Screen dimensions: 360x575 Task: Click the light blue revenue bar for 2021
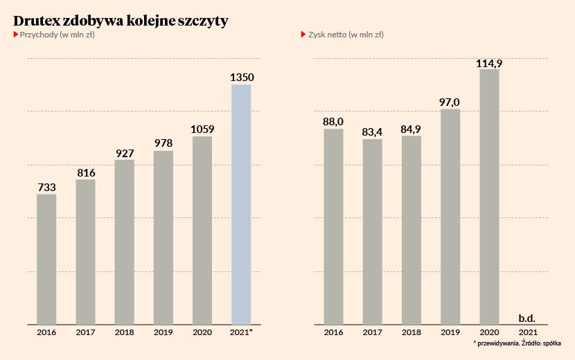(240, 204)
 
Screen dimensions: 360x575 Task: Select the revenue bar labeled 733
(46, 259)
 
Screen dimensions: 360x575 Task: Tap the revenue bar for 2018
(125, 242)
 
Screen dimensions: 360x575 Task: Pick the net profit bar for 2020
(489, 197)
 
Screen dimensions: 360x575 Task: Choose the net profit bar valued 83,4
(373, 231)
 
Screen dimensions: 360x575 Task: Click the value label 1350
(241, 78)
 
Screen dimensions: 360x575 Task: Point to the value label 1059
(202, 129)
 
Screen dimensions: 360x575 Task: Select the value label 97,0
(450, 102)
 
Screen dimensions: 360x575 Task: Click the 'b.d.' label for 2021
(527, 319)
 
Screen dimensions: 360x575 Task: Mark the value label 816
(86, 173)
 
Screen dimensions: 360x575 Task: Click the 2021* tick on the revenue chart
(241, 333)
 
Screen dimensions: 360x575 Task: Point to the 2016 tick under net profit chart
(334, 333)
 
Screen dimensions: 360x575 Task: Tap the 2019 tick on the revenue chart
(163, 333)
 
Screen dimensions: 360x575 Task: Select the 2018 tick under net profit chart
(412, 333)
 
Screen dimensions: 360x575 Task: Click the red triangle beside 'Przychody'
(16, 34)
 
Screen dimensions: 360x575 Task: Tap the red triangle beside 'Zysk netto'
(303, 34)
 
